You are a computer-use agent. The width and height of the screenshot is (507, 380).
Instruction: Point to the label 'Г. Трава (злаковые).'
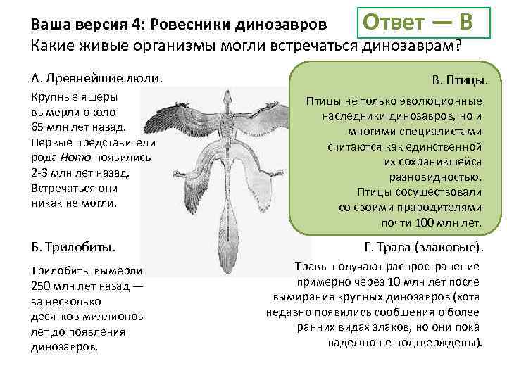[x=424, y=247]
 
